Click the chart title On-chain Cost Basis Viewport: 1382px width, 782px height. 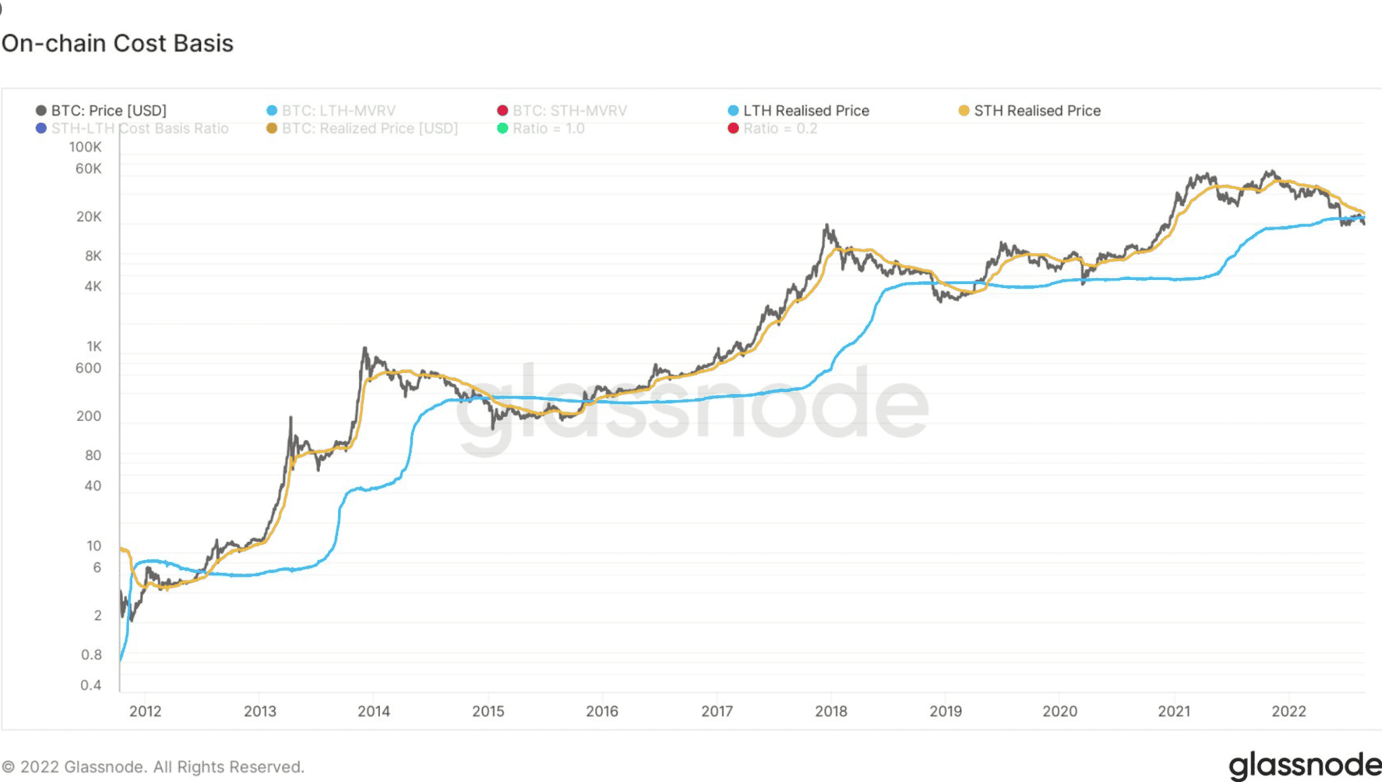117,43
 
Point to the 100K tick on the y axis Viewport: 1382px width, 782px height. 86,147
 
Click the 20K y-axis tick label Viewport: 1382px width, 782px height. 89,217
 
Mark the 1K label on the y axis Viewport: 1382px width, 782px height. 94,346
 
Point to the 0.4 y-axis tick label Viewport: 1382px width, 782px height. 91,686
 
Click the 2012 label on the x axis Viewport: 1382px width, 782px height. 145,711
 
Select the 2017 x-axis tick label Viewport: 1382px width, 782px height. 717,711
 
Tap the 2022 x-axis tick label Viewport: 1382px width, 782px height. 1288,711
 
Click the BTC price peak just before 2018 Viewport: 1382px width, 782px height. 827,226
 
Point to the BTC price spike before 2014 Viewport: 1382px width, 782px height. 365,349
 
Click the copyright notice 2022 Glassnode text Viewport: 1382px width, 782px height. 154,767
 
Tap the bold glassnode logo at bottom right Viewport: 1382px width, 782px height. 1304,766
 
